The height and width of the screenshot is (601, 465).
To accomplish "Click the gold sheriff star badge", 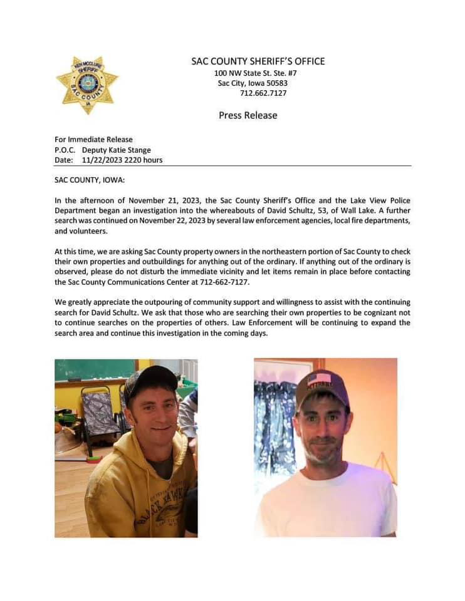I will tap(86, 84).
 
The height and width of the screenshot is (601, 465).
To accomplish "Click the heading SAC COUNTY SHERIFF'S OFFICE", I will tap(258, 61).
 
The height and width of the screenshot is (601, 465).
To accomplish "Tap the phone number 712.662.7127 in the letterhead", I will tap(263, 93).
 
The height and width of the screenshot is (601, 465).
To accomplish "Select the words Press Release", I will tap(248, 115).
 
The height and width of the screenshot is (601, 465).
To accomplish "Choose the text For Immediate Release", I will tap(93, 140).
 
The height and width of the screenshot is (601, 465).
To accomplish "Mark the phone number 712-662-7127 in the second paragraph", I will tap(227, 282).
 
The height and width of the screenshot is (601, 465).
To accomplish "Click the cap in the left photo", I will tap(149, 380).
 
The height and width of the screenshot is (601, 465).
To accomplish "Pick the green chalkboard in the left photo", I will tap(94, 369).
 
